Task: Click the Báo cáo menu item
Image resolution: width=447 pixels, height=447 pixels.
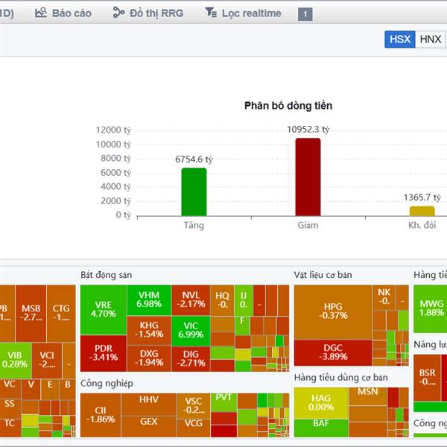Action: tap(63, 13)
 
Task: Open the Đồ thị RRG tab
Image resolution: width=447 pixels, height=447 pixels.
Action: tap(148, 13)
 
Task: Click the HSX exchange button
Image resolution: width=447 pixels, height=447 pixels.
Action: tap(400, 39)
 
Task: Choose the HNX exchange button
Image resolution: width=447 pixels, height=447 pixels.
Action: tap(431, 39)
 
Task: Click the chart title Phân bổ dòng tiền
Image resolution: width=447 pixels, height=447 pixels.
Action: tap(288, 105)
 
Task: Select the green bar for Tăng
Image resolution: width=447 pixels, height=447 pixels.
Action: tap(194, 192)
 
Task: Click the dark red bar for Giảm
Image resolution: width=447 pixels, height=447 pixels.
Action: tap(308, 177)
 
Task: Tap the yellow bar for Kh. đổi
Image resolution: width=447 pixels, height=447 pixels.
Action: tap(422, 211)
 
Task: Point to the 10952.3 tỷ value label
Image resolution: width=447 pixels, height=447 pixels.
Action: tap(308, 129)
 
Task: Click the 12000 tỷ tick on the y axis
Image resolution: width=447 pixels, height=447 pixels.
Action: tap(113, 130)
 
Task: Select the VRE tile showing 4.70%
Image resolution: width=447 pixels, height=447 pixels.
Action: tap(103, 309)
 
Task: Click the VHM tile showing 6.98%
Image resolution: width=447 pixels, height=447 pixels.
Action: tap(149, 299)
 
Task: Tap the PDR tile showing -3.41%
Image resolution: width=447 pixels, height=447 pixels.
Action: tap(103, 352)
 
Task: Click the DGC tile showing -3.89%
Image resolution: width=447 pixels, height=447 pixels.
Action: tap(333, 352)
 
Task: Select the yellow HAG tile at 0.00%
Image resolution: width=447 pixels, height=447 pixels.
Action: tap(320, 402)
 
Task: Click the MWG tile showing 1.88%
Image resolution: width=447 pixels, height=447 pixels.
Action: tap(431, 308)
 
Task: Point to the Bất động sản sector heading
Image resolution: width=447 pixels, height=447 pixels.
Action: tap(106, 275)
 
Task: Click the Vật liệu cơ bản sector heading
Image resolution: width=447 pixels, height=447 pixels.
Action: tap(323, 275)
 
